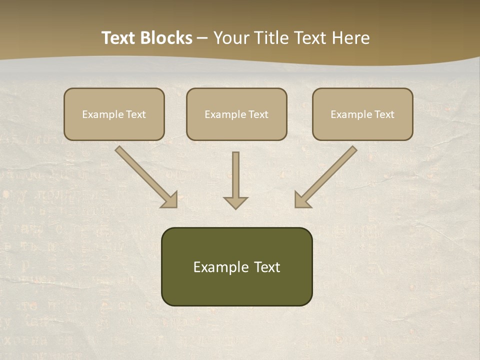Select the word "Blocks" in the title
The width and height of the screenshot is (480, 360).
click(x=168, y=38)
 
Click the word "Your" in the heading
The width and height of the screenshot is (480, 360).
click(x=231, y=38)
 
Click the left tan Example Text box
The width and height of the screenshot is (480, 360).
click(x=114, y=114)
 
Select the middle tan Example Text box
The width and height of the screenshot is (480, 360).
click(x=236, y=114)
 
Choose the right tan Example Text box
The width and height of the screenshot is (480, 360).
click(x=362, y=114)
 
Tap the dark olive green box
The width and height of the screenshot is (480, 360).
click(x=236, y=266)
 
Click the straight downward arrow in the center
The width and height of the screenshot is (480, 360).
click(x=235, y=177)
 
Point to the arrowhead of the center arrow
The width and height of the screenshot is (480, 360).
click(x=235, y=202)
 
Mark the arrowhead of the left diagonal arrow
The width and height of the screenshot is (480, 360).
click(x=170, y=200)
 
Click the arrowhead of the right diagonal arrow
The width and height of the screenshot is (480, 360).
click(x=301, y=200)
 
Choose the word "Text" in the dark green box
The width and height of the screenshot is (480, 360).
click(x=267, y=267)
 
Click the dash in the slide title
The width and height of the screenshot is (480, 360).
click(x=202, y=38)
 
